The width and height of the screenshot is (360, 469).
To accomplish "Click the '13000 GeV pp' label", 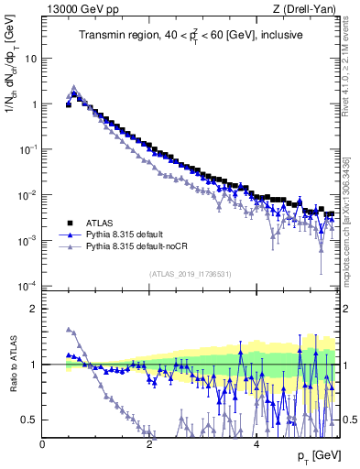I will [x=78, y=9].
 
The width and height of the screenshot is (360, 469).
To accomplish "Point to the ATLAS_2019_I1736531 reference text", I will [x=191, y=273].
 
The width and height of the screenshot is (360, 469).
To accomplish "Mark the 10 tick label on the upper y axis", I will [x=31, y=58].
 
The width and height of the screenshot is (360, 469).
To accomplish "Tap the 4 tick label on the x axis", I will [x=256, y=444].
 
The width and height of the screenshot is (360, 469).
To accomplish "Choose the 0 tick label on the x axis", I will [x=43, y=444].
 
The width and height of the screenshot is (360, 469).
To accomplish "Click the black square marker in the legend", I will [x=69, y=223].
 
